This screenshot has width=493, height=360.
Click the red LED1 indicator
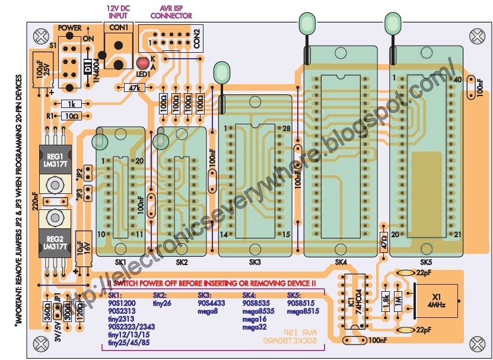(142, 65)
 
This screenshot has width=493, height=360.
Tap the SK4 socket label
(341, 262)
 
